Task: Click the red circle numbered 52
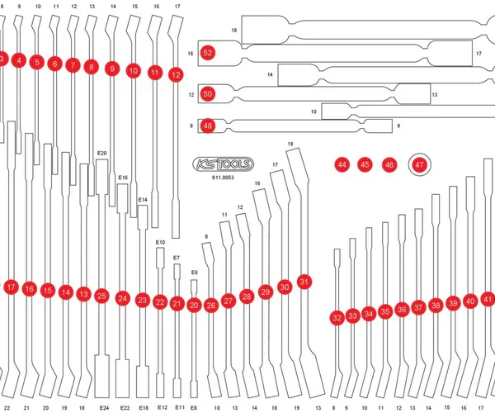(208, 52)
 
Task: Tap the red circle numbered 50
(208, 94)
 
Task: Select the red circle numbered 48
(208, 126)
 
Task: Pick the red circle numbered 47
(420, 165)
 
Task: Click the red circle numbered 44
(342, 165)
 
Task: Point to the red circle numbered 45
(365, 165)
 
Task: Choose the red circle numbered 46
(389, 165)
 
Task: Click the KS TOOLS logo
(223, 164)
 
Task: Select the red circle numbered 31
(304, 282)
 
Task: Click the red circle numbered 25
(101, 295)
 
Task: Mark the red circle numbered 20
(194, 305)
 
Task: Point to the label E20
(102, 153)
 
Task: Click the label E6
(195, 272)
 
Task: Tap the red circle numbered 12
(175, 74)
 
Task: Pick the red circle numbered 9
(111, 69)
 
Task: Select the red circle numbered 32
(337, 318)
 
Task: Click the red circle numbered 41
(488, 298)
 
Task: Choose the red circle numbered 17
(11, 287)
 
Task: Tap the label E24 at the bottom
(104, 408)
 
